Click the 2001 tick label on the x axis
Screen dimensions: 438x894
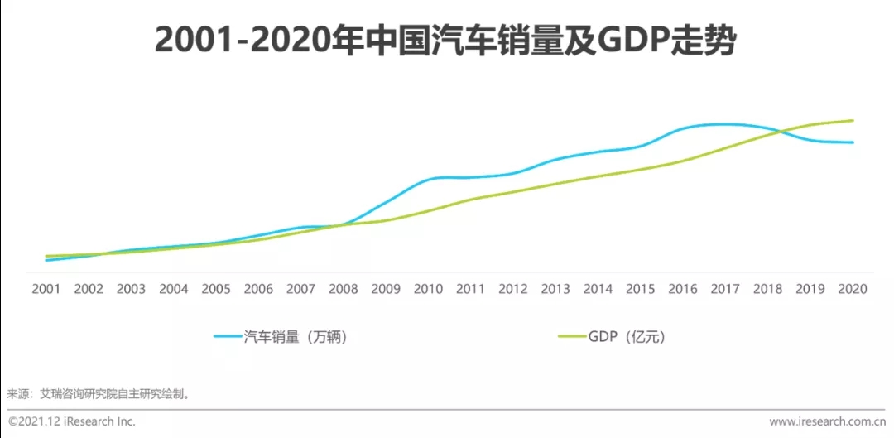tap(46, 289)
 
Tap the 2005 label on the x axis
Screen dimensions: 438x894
tap(216, 289)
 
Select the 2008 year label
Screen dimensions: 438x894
tap(344, 289)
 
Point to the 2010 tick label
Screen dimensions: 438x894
tap(428, 289)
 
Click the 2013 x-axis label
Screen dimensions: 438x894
tap(555, 289)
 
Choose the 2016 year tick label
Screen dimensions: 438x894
tap(683, 289)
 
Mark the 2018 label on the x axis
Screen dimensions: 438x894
tap(767, 289)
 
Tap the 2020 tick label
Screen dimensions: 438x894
tap(853, 289)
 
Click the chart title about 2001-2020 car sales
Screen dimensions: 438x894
tap(445, 41)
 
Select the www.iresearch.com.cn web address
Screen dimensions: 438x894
tap(828, 421)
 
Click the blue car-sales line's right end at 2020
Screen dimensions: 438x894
tap(853, 142)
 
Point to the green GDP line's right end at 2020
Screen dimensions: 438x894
tap(853, 121)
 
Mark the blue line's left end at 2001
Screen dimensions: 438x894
tap(46, 260)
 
